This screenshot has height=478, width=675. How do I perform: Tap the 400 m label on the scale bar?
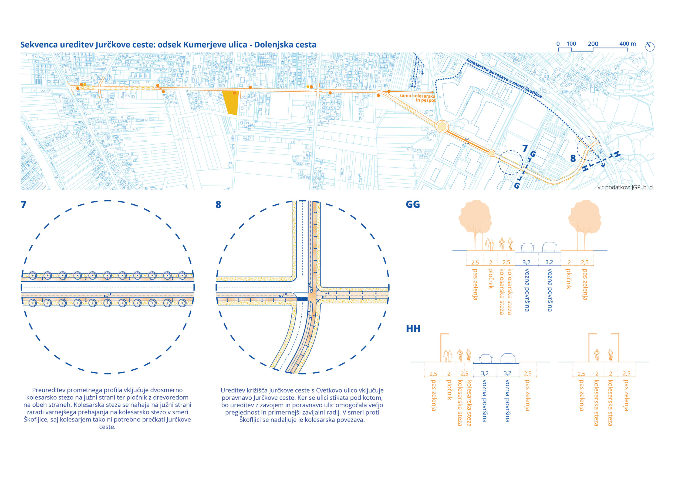pos(627,44)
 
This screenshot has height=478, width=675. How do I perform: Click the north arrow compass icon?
pos(650,47)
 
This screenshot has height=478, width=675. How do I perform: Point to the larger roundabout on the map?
pos(442,127)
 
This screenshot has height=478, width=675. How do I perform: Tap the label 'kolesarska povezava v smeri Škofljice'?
pos(504,78)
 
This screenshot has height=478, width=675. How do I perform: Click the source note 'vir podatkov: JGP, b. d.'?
pos(626,187)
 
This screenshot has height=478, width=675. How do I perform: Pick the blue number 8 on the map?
pos(573,158)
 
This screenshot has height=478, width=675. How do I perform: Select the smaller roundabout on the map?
pos(492,153)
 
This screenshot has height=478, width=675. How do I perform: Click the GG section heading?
pos(413,205)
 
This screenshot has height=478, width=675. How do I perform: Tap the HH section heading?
pos(413,328)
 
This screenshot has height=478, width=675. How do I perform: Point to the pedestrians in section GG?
pos(490,245)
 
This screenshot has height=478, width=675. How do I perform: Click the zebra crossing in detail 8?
pos(302,299)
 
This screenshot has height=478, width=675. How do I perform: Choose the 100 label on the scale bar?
pos(571,44)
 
